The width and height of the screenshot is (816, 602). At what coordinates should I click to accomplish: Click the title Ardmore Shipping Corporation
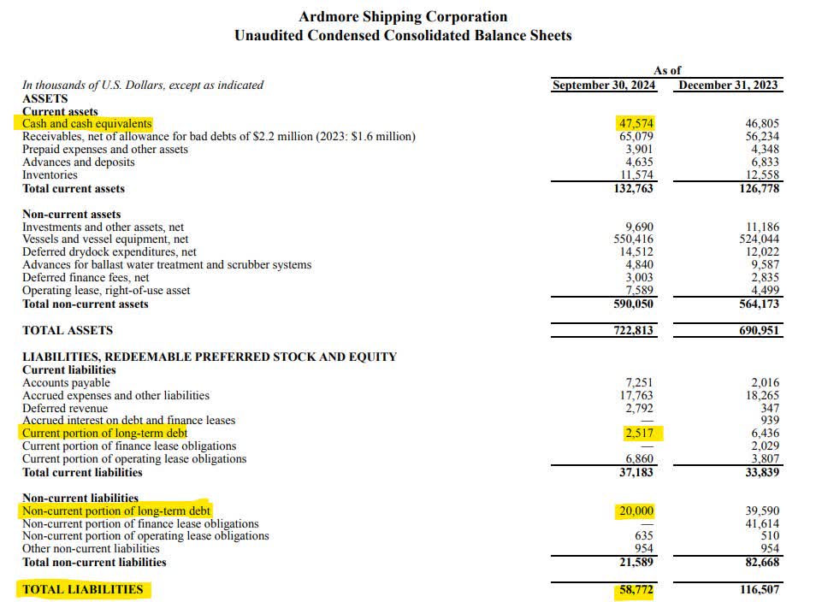click(x=403, y=16)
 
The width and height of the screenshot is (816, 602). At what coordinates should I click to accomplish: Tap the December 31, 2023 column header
click(x=729, y=85)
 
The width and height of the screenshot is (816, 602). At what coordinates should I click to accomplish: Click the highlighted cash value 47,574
click(x=636, y=123)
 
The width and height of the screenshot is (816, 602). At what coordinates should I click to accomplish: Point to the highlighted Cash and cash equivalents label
click(x=87, y=123)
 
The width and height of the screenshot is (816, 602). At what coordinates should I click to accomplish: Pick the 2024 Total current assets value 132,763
click(x=634, y=188)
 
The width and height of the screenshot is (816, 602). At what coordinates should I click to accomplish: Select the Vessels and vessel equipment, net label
click(x=105, y=239)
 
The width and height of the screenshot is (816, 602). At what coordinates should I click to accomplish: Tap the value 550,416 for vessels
click(x=634, y=239)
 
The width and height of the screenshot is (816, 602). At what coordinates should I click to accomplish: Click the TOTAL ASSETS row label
click(x=68, y=330)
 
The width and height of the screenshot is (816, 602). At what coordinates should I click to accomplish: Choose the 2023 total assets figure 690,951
click(x=759, y=330)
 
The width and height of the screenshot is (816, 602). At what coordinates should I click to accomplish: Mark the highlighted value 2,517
click(x=639, y=433)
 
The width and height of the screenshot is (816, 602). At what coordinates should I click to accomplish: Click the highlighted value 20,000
click(x=636, y=511)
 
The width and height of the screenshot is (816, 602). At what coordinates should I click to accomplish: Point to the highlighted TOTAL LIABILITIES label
click(x=83, y=589)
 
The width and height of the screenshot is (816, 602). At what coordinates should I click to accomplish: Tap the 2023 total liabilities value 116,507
click(x=759, y=589)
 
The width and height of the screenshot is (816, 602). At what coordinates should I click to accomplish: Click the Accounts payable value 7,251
click(x=639, y=382)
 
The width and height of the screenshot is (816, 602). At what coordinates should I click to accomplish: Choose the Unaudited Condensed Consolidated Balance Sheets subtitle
click(x=403, y=36)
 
